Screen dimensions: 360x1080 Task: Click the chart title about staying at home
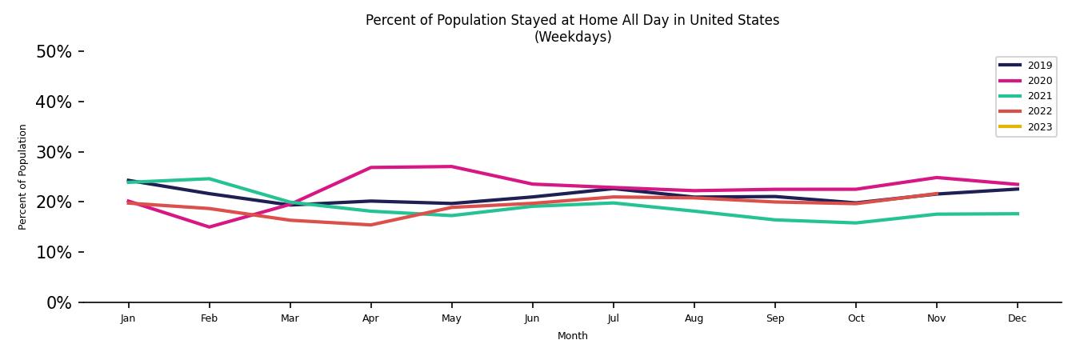tap(572, 20)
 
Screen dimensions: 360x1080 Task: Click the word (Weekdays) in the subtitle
tap(573, 37)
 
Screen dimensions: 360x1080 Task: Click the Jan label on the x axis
tap(128, 318)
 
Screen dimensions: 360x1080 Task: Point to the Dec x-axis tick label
tap(1017, 318)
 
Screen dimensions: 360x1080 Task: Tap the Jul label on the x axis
tap(613, 318)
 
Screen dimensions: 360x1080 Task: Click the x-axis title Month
tap(572, 336)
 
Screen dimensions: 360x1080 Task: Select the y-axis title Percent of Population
tap(23, 177)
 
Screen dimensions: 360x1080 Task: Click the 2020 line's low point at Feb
tap(209, 227)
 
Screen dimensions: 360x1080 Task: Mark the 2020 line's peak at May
tap(451, 166)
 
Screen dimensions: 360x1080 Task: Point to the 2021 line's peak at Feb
tap(209, 178)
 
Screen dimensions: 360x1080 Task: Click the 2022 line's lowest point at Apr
tap(370, 225)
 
